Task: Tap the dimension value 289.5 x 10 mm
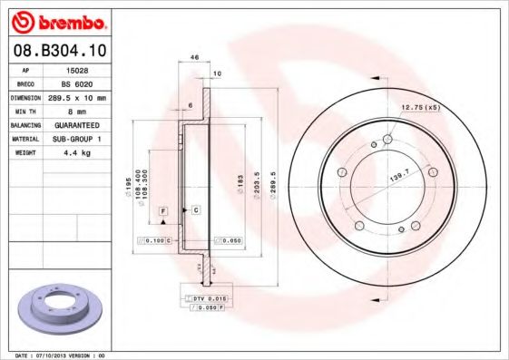pyautogui.click(x=76, y=96)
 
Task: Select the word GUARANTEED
pyautogui.click(x=76, y=124)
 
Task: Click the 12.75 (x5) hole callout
pyautogui.click(x=421, y=108)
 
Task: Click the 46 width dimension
pyautogui.click(x=194, y=57)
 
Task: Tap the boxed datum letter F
pyautogui.click(x=164, y=209)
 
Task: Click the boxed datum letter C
pyautogui.click(x=195, y=209)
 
